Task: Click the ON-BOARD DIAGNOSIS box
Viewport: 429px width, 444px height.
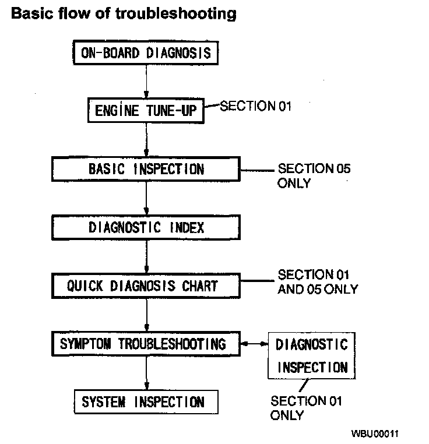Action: tap(146, 54)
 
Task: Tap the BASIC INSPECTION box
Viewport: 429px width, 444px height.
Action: tap(146, 169)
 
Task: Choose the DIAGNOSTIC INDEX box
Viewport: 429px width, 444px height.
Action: tap(146, 227)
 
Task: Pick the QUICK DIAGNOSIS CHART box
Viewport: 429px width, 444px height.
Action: tap(146, 286)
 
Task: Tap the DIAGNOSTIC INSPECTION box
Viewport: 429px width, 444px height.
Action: tap(312, 355)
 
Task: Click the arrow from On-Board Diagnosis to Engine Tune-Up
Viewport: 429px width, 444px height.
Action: tap(146, 82)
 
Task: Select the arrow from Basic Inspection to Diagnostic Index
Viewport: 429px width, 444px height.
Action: tap(146, 198)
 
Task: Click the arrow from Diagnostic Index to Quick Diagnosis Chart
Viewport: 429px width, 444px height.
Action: tap(146, 256)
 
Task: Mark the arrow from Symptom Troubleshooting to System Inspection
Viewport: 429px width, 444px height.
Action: tap(146, 373)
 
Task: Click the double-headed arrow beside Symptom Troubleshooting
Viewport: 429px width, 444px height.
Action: tap(254, 344)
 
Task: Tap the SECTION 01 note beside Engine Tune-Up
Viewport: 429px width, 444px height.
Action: tap(254, 106)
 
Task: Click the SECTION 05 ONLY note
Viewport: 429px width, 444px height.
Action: tap(314, 175)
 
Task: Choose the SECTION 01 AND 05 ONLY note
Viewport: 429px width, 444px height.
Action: tap(318, 281)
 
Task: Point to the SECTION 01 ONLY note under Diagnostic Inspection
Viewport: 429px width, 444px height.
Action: tap(306, 408)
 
